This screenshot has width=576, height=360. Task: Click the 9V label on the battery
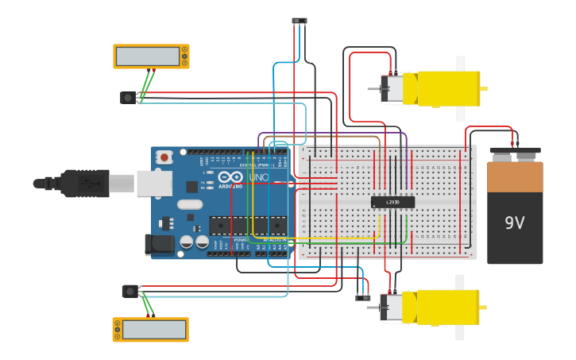coord(515,223)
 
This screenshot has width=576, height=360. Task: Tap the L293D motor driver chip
coord(392,202)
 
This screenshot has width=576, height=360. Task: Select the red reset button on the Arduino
coord(164,157)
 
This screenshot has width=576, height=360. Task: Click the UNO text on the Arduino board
coord(259,177)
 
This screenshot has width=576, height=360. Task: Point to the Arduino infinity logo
coord(230,177)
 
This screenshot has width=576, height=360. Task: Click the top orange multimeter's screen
coord(148,56)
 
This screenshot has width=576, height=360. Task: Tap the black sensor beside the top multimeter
coord(128,98)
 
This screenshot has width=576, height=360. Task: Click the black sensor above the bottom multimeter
coord(130,292)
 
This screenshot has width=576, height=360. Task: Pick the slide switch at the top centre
coord(300,21)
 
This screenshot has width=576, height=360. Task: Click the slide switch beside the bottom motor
coord(362,297)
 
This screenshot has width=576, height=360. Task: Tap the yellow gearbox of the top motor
coord(449,88)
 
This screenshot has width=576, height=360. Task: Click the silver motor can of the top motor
coord(393,88)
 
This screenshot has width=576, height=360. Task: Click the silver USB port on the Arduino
coord(154,183)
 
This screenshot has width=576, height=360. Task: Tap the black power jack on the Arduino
coord(159,245)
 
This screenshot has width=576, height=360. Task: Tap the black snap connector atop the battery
coord(515,151)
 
